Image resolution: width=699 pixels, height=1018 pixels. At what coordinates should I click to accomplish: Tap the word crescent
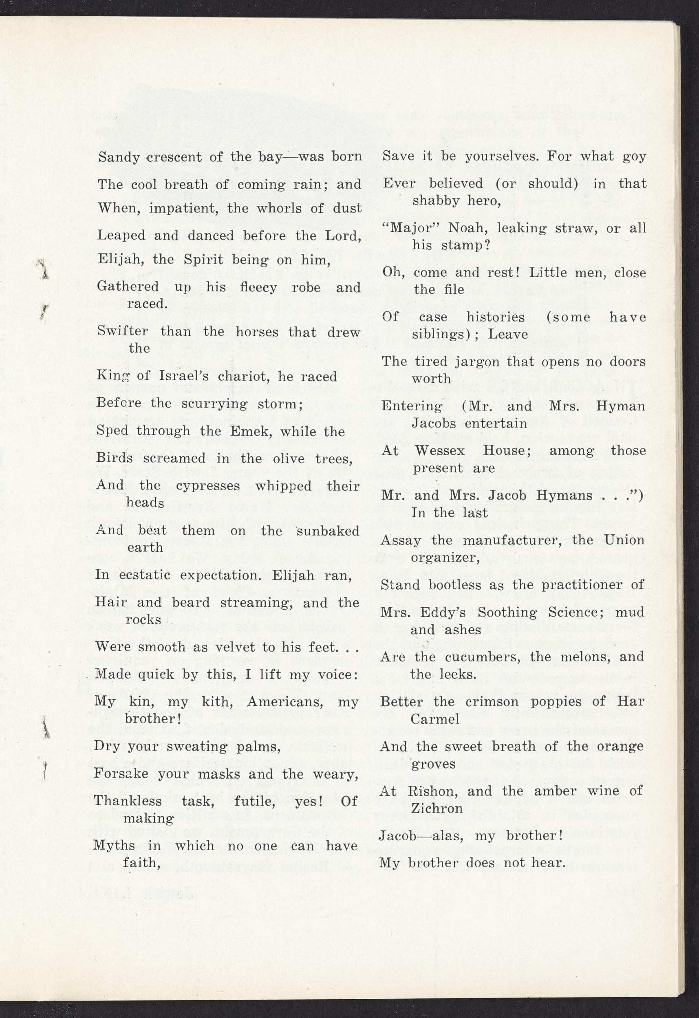pyautogui.click(x=174, y=157)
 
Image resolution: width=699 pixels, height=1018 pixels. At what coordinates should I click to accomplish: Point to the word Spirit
pyautogui.click(x=201, y=260)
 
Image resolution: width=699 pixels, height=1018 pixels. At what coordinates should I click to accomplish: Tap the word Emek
pyautogui.click(x=251, y=432)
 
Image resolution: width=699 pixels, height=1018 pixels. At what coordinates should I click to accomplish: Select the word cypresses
pyautogui.click(x=208, y=486)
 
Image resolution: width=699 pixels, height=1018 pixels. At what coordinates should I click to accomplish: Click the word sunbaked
pyautogui.click(x=328, y=531)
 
